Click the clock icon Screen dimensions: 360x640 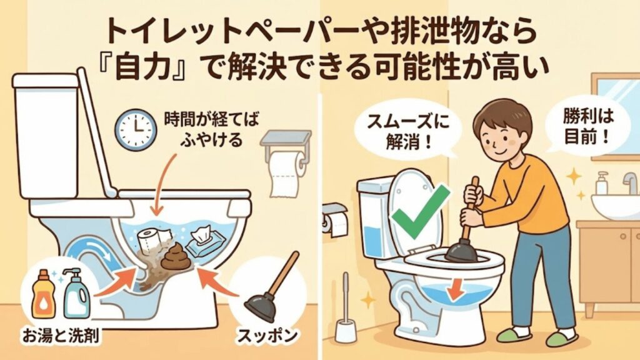click(136, 129)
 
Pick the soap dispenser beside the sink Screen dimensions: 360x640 click(602, 184)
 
